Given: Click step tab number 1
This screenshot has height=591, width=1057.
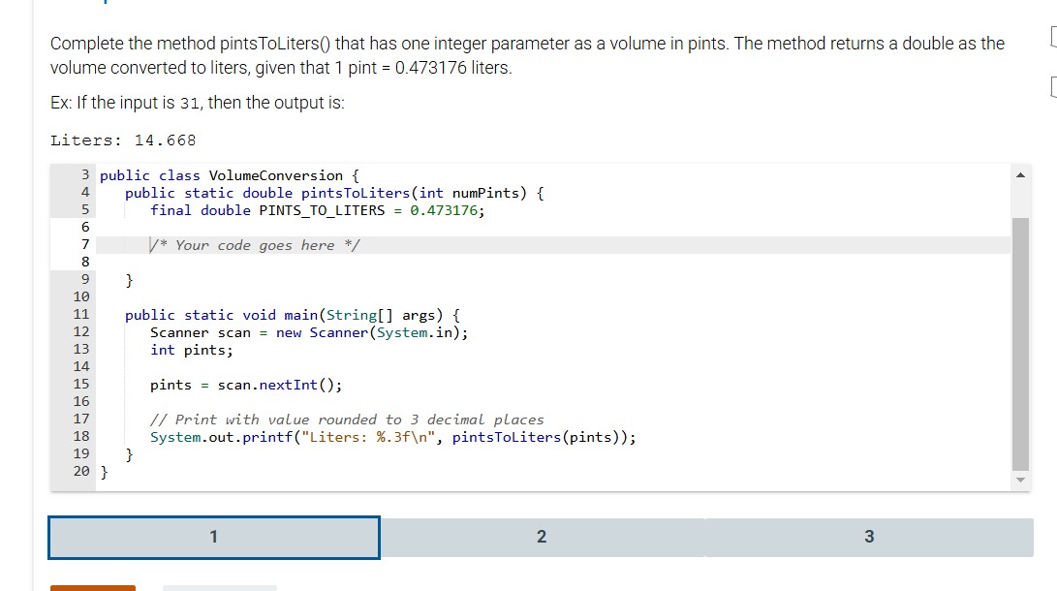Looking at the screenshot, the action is pyautogui.click(x=214, y=537).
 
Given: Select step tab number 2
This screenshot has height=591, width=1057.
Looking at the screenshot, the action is pyautogui.click(x=541, y=537).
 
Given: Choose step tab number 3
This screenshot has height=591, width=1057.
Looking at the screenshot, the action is pyautogui.click(x=868, y=537).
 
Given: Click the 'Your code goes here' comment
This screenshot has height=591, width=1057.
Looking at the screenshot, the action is pyautogui.click(x=255, y=245).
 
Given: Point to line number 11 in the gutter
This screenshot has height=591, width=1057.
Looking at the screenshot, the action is pyautogui.click(x=81, y=315).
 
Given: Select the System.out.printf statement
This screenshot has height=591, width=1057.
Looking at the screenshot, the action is pyautogui.click(x=392, y=437).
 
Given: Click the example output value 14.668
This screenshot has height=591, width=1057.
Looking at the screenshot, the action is pyautogui.click(x=165, y=140).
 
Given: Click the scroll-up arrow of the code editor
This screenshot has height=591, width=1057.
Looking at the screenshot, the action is pyautogui.click(x=1019, y=175).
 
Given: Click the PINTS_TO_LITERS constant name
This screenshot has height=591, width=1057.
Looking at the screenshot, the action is pyautogui.click(x=322, y=210).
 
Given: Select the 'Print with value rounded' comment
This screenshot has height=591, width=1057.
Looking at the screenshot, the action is pyautogui.click(x=347, y=420).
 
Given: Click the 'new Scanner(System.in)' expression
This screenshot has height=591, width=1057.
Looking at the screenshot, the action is pyautogui.click(x=371, y=332).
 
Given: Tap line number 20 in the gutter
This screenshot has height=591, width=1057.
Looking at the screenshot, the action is pyautogui.click(x=81, y=472).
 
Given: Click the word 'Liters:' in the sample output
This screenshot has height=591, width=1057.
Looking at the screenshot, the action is pyautogui.click(x=83, y=140).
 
